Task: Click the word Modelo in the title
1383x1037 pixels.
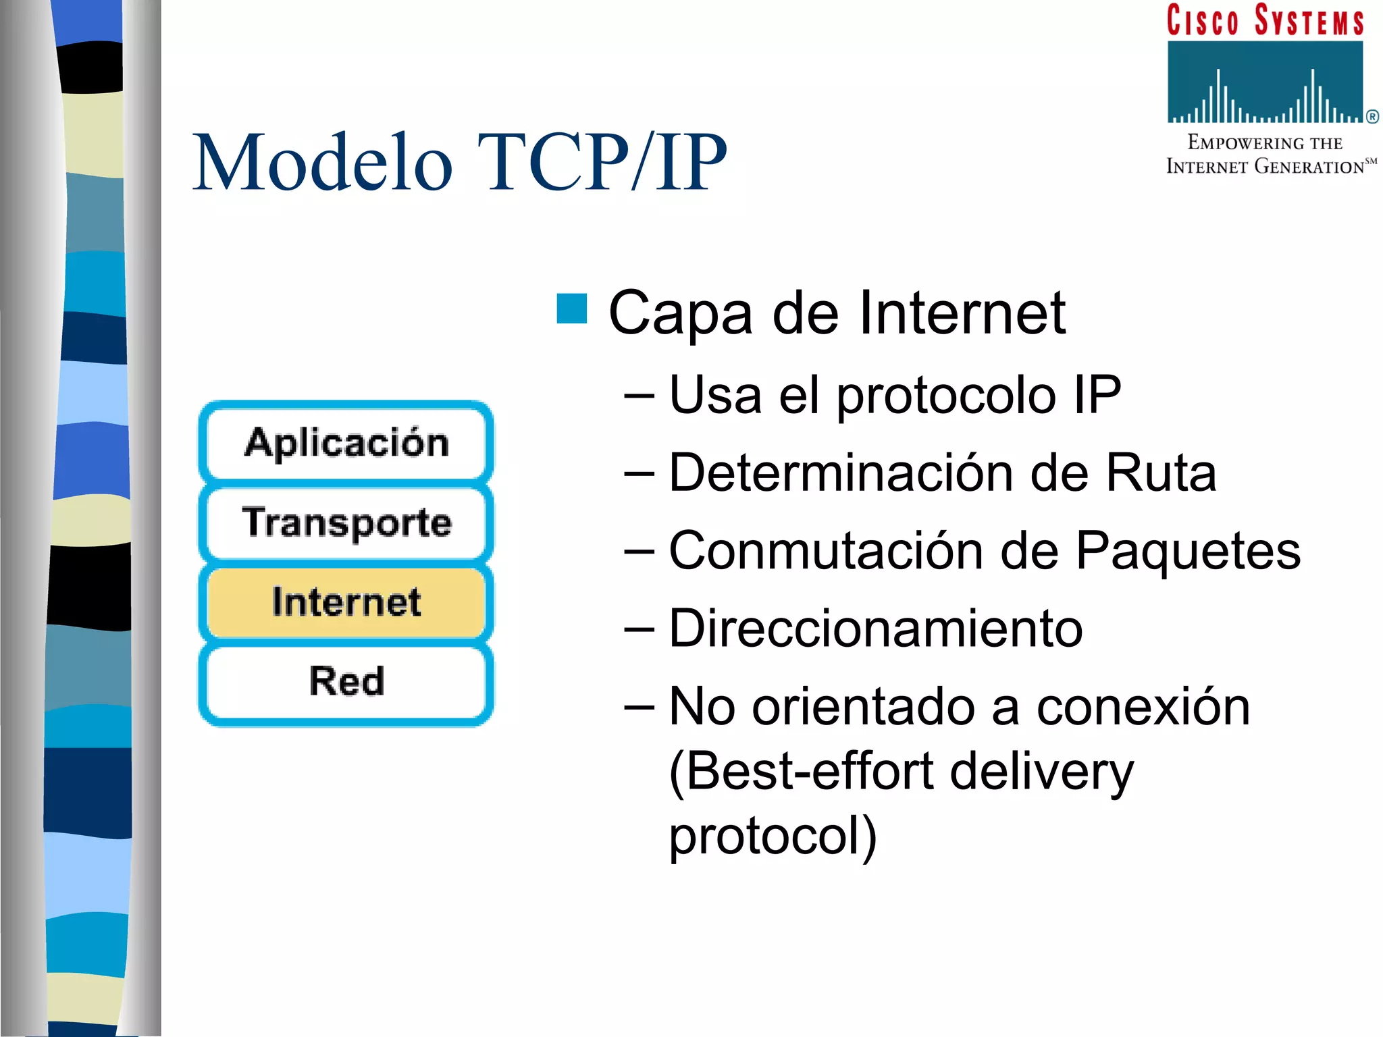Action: pos(323,163)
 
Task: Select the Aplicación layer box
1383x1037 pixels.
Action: pos(346,443)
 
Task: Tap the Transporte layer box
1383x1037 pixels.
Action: pos(346,523)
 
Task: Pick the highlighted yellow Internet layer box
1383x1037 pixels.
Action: pos(346,602)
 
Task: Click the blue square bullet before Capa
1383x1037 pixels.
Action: pos(571,309)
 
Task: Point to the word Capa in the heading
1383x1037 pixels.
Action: pos(680,314)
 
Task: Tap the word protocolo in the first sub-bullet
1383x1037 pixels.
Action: pos(945,397)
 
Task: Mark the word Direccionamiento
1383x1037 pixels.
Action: pos(875,629)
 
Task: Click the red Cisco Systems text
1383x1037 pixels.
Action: pos(1265,20)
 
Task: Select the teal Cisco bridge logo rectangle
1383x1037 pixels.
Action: pos(1265,82)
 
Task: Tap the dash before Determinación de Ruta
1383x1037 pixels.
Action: pos(639,474)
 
